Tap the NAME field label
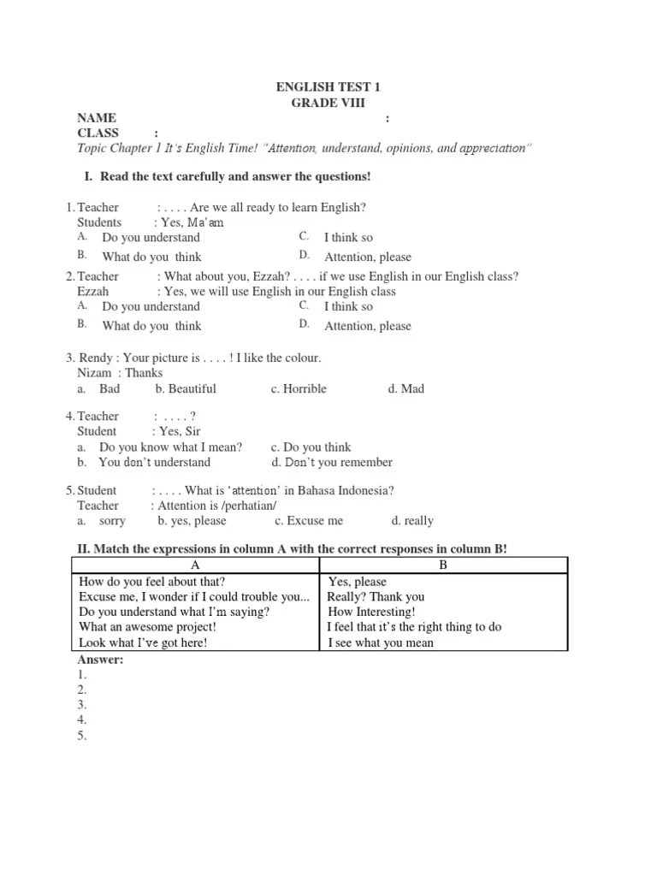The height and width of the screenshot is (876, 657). (x=97, y=118)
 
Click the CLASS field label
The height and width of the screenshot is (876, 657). (x=98, y=133)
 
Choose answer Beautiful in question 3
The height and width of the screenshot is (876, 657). (x=186, y=388)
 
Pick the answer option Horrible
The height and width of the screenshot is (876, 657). (x=299, y=388)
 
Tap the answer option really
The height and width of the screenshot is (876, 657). (x=412, y=520)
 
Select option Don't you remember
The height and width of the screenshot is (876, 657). (x=332, y=462)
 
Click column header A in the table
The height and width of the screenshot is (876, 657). (x=194, y=565)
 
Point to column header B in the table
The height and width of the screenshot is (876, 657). (x=442, y=565)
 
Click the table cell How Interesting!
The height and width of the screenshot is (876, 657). (x=371, y=612)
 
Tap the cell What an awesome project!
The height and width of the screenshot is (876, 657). (x=147, y=627)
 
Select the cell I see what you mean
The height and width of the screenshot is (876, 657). (x=381, y=642)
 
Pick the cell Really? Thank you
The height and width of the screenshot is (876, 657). (x=376, y=596)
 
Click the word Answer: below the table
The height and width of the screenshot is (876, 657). (x=101, y=660)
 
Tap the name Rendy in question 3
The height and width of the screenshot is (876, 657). (x=95, y=358)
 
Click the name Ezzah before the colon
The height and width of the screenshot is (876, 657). (x=93, y=292)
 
